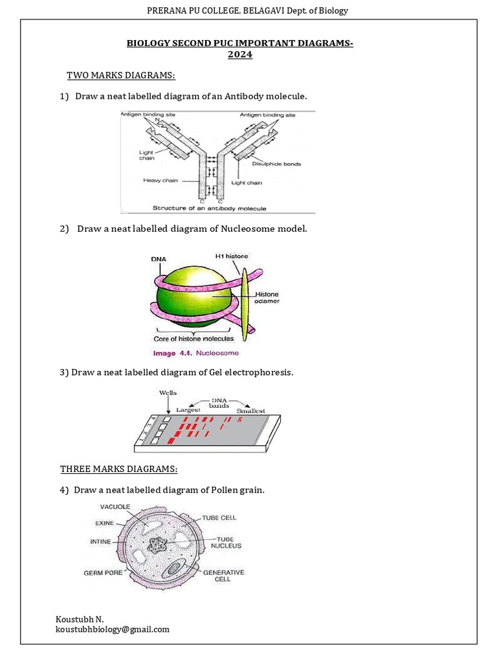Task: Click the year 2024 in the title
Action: pyautogui.click(x=239, y=55)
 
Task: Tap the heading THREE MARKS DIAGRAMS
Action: pyautogui.click(x=118, y=469)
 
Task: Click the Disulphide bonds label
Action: pyautogui.click(x=279, y=164)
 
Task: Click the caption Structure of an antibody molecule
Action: pyautogui.click(x=209, y=208)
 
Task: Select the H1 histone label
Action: pyautogui.click(x=231, y=256)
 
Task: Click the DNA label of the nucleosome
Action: pyautogui.click(x=159, y=259)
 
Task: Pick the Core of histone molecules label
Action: pyautogui.click(x=193, y=338)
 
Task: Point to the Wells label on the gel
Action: pyautogui.click(x=168, y=393)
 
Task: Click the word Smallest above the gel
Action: pyautogui.click(x=250, y=410)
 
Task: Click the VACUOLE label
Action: pyautogui.click(x=114, y=506)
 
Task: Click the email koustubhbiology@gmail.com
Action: pyautogui.click(x=113, y=629)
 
